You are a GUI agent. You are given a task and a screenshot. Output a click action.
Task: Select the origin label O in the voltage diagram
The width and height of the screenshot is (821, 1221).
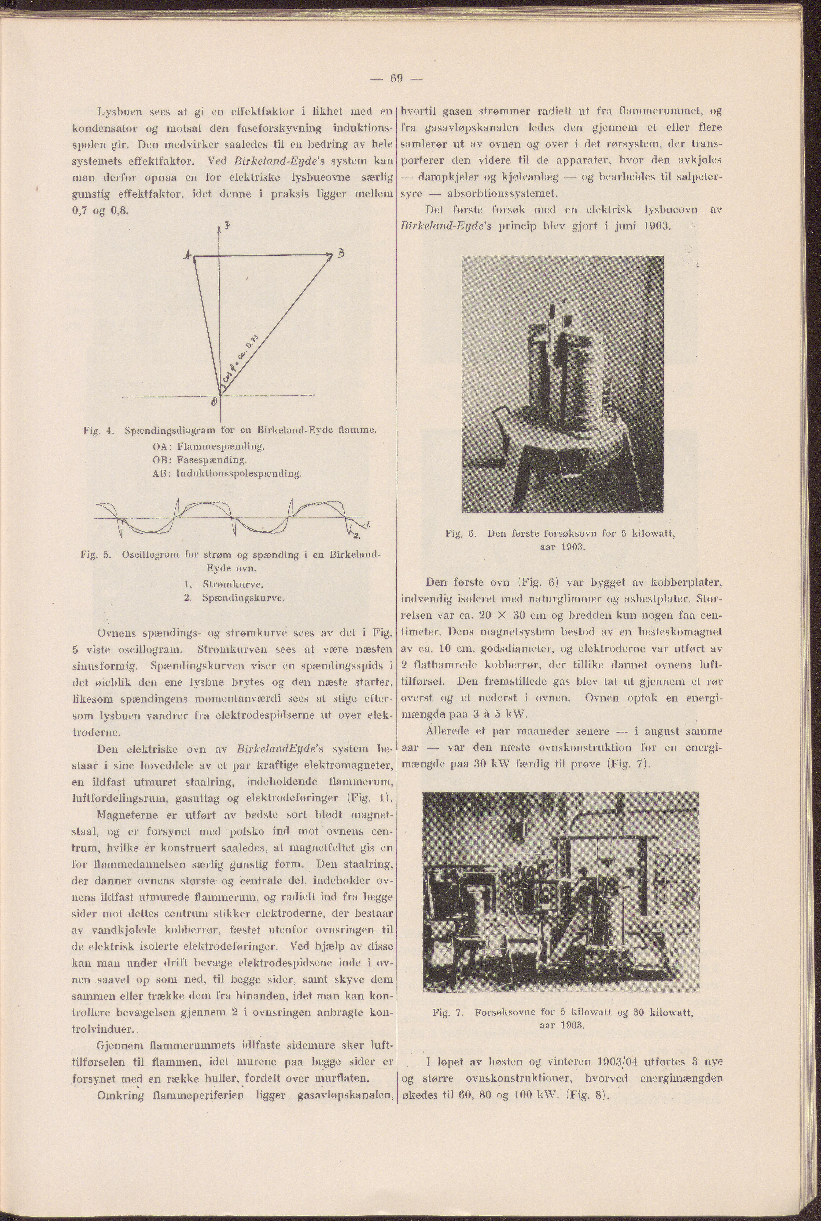(x=213, y=402)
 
